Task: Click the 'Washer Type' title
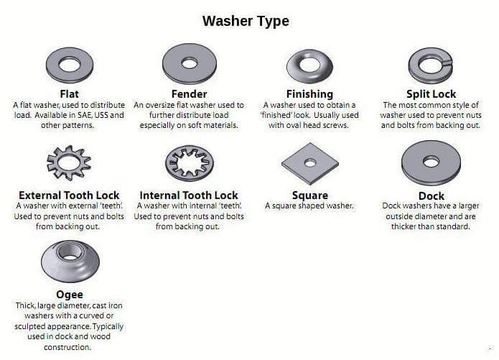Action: click(246, 22)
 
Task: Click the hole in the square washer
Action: click(310, 163)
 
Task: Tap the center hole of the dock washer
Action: click(432, 162)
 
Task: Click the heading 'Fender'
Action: click(189, 94)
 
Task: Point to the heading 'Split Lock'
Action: click(432, 94)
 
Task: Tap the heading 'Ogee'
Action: click(70, 295)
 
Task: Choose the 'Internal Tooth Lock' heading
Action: click(189, 195)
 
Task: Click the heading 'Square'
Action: click(310, 195)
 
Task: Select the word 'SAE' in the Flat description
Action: click(84, 115)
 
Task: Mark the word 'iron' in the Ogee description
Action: click(115, 305)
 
